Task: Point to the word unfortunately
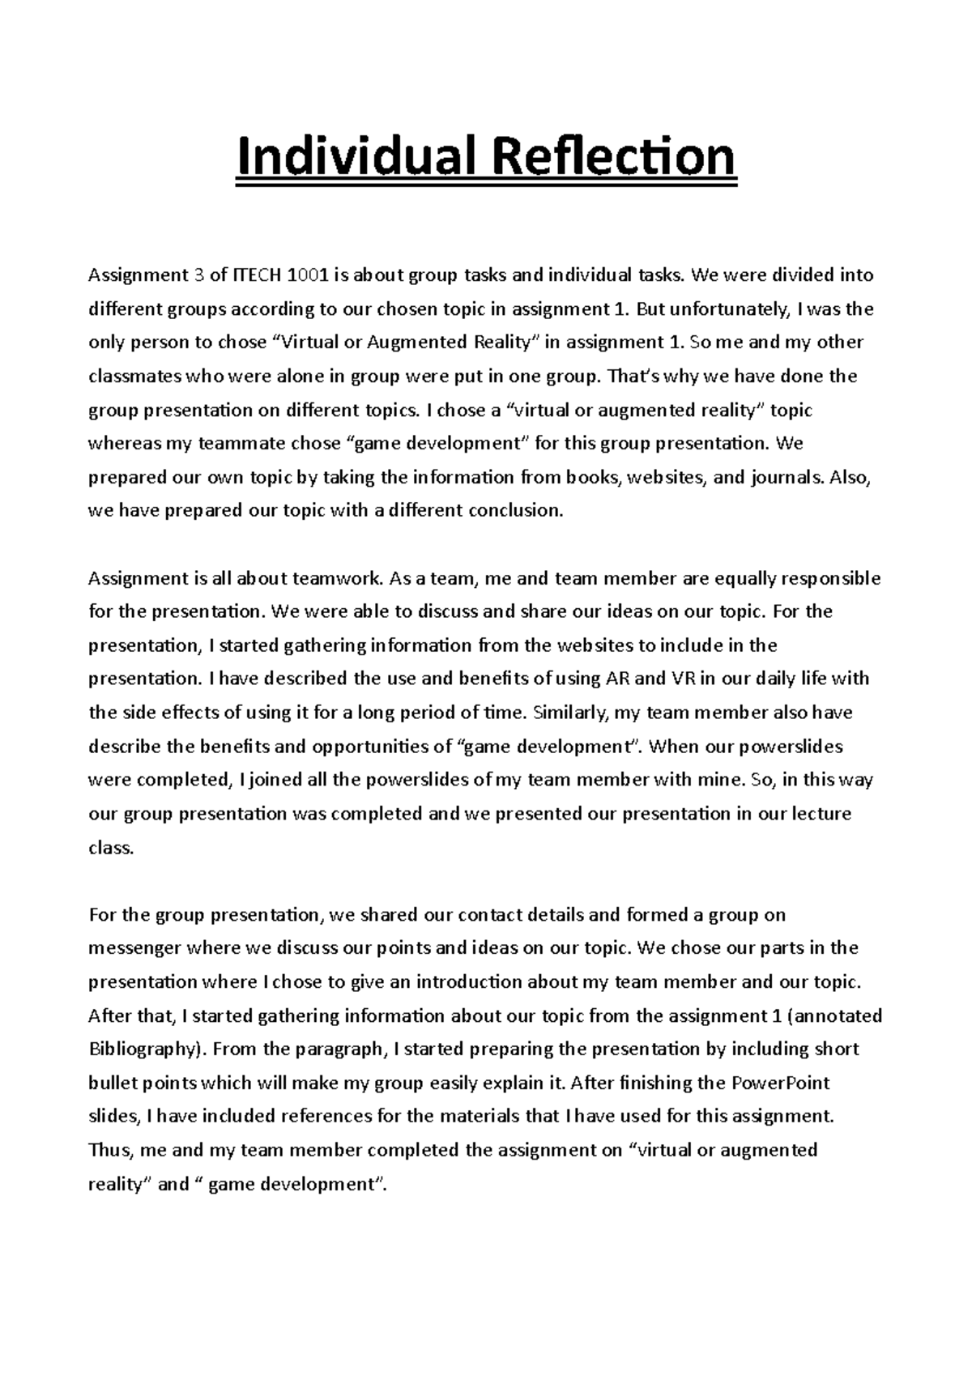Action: pos(730,309)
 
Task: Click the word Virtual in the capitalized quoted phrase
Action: pos(312,343)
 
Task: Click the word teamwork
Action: pos(337,578)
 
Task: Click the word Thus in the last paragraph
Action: pos(108,1150)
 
